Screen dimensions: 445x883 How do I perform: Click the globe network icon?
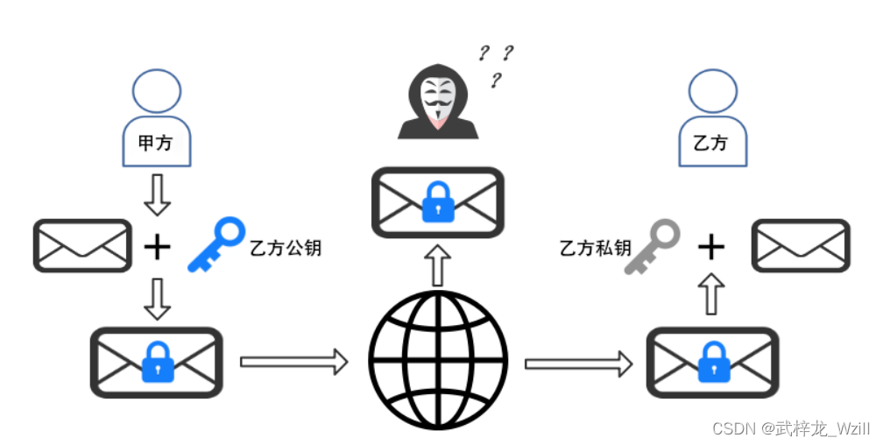[438, 360]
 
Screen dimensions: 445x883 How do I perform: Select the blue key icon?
[216, 245]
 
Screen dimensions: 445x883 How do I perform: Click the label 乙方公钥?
[286, 248]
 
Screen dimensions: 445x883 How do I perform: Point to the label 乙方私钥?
[595, 248]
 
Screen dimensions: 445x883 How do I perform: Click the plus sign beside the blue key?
[158, 248]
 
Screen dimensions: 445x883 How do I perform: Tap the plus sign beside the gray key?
[711, 248]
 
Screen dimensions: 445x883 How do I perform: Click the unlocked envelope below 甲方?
[82, 245]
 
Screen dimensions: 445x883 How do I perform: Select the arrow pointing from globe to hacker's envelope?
[438, 265]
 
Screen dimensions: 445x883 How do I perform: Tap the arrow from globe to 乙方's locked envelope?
[578, 362]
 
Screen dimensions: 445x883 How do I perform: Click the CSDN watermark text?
[791, 428]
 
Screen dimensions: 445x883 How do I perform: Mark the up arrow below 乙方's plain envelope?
[712, 294]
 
